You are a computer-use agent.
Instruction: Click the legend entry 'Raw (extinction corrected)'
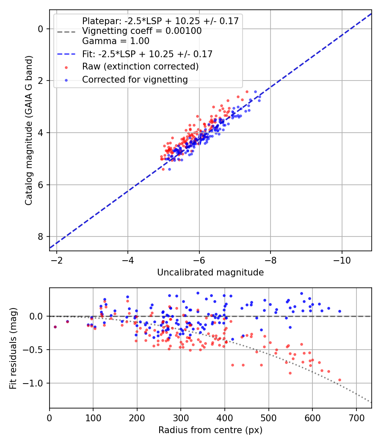[140, 67]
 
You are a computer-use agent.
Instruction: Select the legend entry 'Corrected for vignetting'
[135, 79]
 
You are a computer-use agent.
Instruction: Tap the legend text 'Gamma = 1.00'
[116, 41]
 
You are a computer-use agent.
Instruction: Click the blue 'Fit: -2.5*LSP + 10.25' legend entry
[147, 54]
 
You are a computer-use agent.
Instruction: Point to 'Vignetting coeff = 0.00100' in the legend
[142, 31]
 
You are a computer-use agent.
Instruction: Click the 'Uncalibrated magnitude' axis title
[210, 273]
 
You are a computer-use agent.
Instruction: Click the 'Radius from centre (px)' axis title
[210, 430]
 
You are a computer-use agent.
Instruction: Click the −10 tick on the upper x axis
[342, 260]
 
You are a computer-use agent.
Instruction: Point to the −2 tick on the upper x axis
[57, 260]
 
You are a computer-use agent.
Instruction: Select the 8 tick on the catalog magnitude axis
[41, 236]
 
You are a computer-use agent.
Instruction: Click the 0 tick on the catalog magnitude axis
[41, 29]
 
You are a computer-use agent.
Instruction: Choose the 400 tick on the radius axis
[225, 417]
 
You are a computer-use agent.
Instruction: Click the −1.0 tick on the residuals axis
[35, 383]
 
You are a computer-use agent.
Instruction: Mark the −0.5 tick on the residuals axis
[35, 350]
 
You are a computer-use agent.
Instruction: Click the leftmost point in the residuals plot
[55, 327]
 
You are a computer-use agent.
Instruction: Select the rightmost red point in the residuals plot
[340, 380]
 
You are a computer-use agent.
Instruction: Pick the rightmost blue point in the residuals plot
[340, 311]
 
